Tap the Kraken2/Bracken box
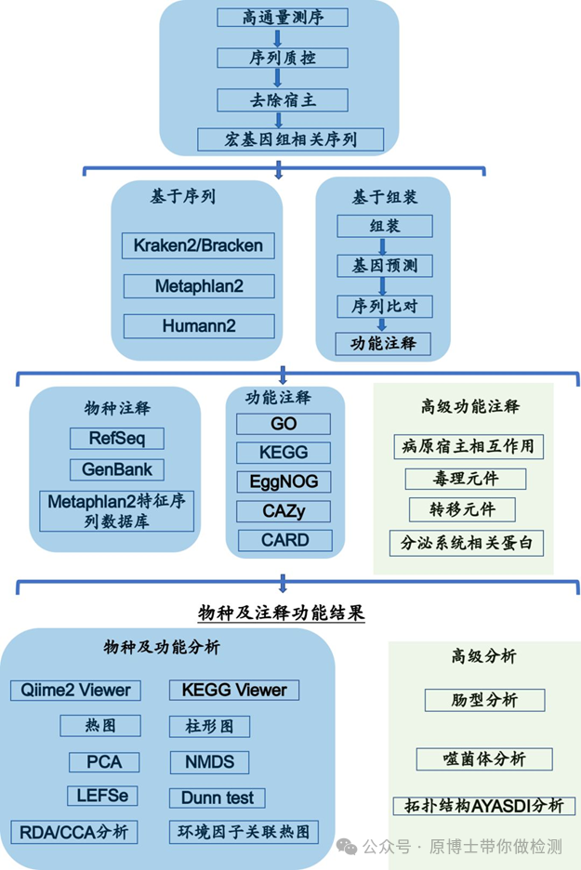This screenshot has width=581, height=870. click(x=198, y=246)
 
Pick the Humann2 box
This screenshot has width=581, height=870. click(x=198, y=326)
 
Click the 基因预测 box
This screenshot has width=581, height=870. click(x=384, y=267)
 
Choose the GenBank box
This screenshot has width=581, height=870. click(x=116, y=469)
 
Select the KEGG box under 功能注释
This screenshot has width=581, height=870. click(x=284, y=454)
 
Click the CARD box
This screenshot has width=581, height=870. click(x=284, y=540)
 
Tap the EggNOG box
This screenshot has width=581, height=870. click(x=284, y=481)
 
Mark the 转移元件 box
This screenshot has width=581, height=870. click(x=462, y=509)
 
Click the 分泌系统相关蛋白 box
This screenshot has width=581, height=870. click(x=467, y=543)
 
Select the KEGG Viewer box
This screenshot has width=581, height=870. click(x=234, y=690)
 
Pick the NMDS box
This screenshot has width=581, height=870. click(x=209, y=762)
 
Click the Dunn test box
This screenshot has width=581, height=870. click(x=217, y=797)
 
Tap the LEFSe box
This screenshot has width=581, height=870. click(x=103, y=796)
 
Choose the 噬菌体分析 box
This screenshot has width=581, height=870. click(x=484, y=758)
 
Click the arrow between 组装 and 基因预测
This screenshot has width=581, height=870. click(x=383, y=245)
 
